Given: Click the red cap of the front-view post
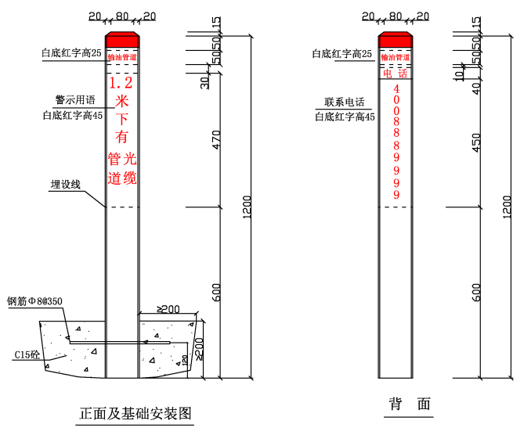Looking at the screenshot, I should point(122,39).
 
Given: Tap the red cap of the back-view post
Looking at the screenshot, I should point(396,39).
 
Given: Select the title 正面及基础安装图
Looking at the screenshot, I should point(136,412).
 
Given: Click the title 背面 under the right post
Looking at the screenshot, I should point(410,404).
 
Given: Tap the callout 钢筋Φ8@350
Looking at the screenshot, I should point(35,300).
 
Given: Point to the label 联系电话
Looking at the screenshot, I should point(345,102).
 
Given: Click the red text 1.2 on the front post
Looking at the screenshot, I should point(121,82).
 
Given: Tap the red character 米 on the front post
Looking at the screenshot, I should point(121,102).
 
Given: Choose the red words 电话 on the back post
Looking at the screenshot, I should point(396,74).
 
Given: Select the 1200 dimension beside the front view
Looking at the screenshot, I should point(248,207).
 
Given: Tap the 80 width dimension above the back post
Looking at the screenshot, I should point(396,15).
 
